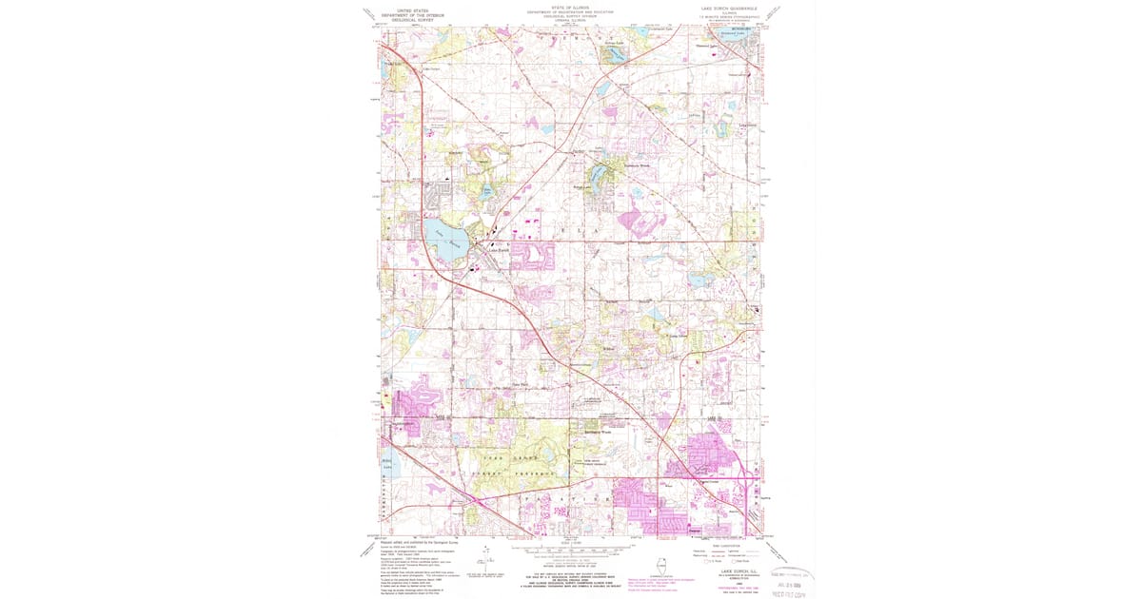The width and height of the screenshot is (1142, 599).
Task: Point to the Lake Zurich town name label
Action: [500, 250]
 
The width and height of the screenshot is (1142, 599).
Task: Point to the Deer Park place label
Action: [521, 385]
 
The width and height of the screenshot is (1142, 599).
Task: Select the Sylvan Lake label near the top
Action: [616, 44]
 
